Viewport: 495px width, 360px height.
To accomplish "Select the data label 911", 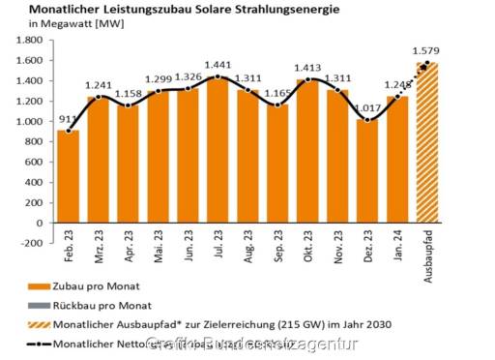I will click(x=66, y=120).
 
